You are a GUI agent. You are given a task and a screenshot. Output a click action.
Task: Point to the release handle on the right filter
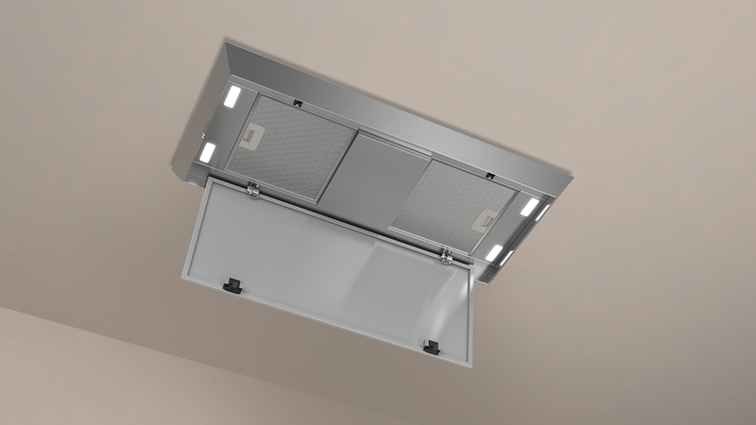click(x=488, y=220)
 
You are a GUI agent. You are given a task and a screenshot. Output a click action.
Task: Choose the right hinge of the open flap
click(x=443, y=254)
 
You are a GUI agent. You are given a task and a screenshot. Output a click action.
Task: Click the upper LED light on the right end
click(x=529, y=206)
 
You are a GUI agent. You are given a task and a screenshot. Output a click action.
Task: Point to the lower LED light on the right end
click(x=494, y=252)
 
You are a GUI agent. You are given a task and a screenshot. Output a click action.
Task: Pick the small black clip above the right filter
click(x=489, y=174)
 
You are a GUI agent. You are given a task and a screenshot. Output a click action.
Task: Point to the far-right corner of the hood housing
click(x=572, y=173)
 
